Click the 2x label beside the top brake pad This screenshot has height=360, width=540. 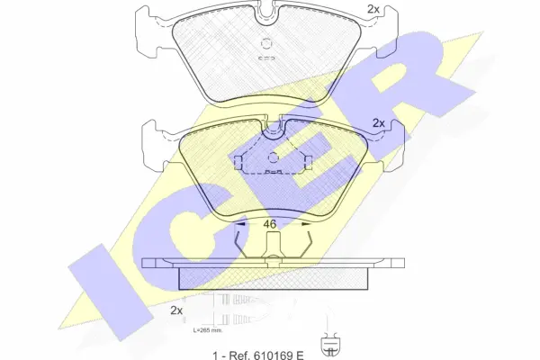click(373, 10)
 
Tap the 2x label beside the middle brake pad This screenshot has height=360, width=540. click(379, 123)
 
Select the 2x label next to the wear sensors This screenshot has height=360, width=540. click(176, 310)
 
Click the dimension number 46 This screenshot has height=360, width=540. click(269, 224)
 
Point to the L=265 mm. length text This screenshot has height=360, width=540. click(208, 330)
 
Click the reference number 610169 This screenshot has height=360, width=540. click(274, 355)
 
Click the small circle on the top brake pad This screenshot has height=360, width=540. click(266, 44)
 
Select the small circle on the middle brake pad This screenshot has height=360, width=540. click(273, 157)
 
